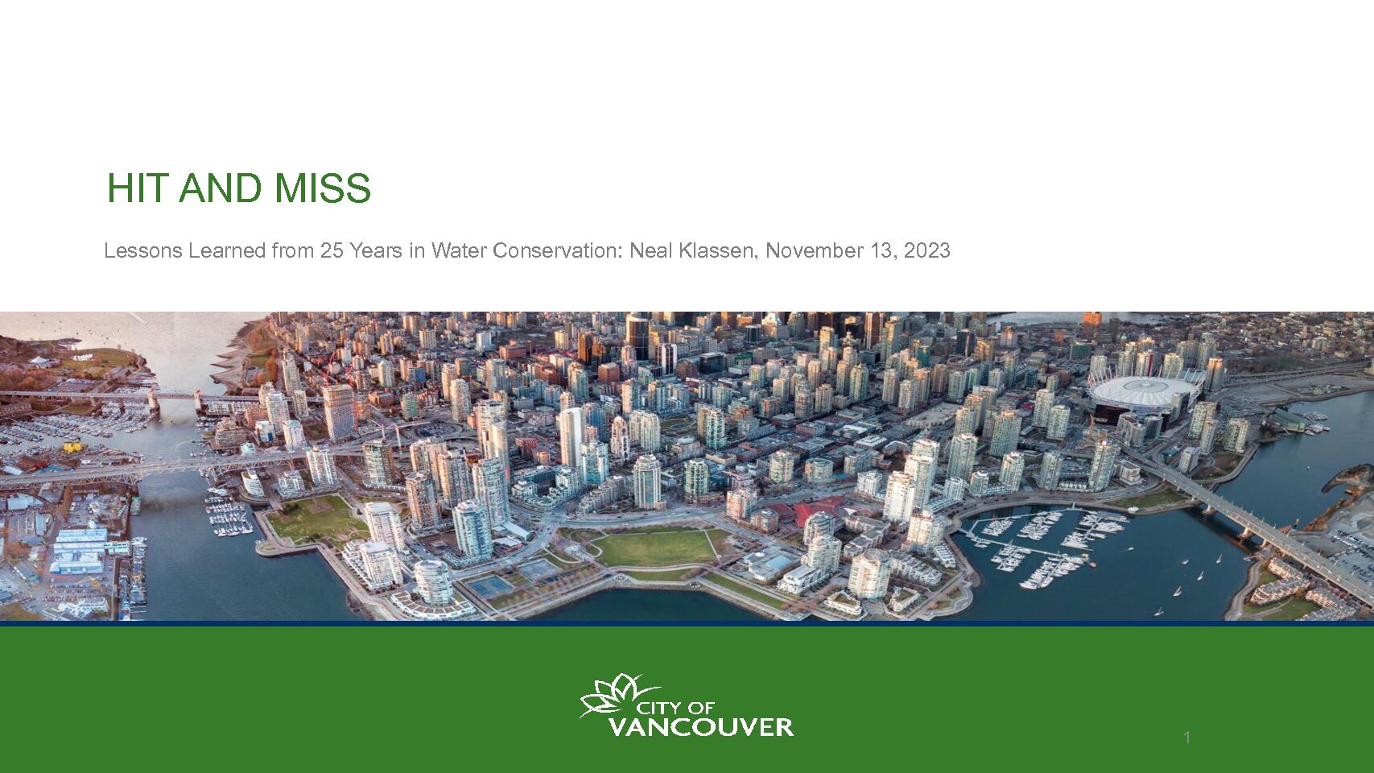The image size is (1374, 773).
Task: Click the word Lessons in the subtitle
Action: coord(143,250)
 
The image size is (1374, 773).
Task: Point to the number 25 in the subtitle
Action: coord(332,250)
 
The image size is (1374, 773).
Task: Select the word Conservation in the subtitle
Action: coord(558,250)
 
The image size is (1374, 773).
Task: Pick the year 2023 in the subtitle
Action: coord(926,250)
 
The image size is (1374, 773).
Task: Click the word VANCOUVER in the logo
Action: coord(701,727)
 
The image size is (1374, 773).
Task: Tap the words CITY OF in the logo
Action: coord(675,709)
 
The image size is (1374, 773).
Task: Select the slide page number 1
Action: coord(1187,738)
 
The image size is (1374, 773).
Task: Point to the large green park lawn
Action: coord(655,548)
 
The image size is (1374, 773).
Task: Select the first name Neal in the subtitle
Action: coord(651,250)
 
